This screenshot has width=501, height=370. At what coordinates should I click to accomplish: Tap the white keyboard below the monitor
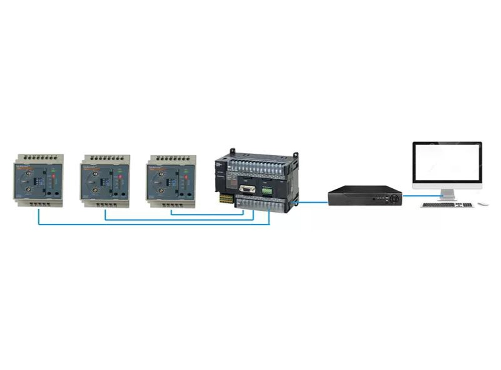447,205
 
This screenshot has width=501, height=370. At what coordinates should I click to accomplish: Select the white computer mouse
483,204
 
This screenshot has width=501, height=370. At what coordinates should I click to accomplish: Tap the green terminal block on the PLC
267,191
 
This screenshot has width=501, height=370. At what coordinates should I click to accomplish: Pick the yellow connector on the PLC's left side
226,199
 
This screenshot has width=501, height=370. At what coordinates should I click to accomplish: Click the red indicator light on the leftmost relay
54,176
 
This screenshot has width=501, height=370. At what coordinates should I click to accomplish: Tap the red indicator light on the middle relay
120,177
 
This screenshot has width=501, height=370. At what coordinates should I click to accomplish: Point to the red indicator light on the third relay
186,176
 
